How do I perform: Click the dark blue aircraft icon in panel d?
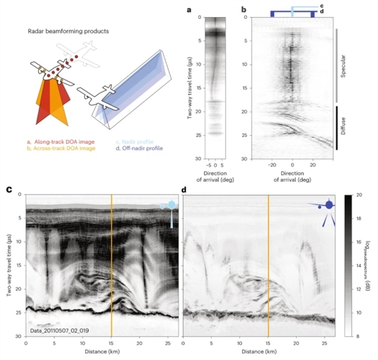click(x=327, y=206)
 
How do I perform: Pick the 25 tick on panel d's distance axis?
click(x=325, y=342)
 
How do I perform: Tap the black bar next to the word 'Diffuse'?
click(x=337, y=127)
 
